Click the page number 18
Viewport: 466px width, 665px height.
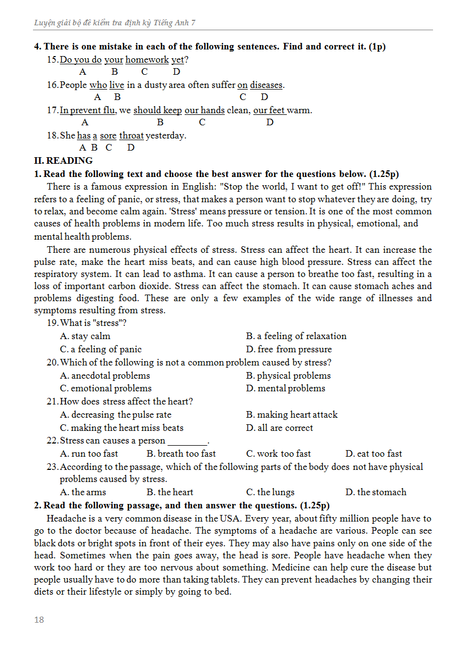tap(38, 620)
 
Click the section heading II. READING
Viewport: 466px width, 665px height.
tap(63, 160)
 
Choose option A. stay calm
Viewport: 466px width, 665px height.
tap(85, 336)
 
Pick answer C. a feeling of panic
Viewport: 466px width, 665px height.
tap(101, 350)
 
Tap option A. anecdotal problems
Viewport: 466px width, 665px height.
tap(105, 376)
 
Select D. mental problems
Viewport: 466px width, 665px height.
tap(286, 389)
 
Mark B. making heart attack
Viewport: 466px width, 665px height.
tap(292, 415)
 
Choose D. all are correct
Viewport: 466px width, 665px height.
tap(280, 428)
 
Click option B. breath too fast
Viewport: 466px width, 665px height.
tap(181, 454)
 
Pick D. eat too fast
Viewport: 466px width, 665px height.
tap(374, 454)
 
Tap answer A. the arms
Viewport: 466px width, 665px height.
tap(83, 492)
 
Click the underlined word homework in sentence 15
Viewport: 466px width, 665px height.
tap(147, 60)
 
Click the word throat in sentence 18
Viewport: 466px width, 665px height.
tap(131, 136)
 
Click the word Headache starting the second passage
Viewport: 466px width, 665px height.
tap(65, 519)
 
